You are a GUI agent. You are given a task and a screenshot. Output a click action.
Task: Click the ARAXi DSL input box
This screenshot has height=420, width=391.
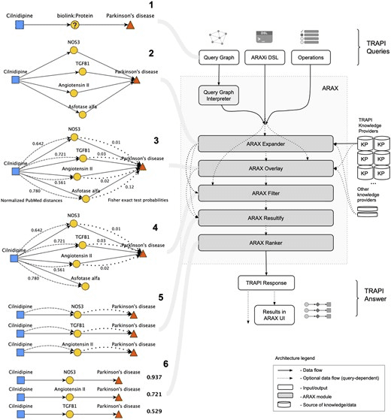point(269,56)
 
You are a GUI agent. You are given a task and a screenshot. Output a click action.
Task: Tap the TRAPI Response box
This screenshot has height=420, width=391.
point(268,283)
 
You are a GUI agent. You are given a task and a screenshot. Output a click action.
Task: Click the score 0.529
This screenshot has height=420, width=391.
point(155,411)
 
